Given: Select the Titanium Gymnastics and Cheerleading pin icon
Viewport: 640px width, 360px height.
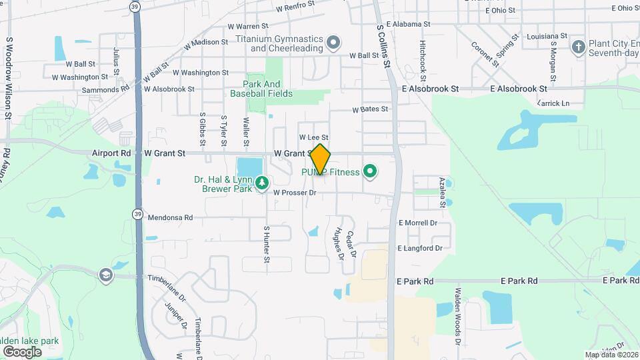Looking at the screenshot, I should pyautogui.click(x=334, y=44).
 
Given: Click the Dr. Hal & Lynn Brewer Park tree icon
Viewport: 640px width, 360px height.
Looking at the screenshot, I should pyautogui.click(x=262, y=182).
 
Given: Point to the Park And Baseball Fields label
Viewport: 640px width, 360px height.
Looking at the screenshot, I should pyautogui.click(x=261, y=89).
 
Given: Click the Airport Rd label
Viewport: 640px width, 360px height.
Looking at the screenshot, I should pyautogui.click(x=112, y=153).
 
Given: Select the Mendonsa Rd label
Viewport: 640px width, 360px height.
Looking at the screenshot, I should pyautogui.click(x=170, y=217).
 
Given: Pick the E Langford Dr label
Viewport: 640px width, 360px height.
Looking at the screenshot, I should pyautogui.click(x=420, y=248).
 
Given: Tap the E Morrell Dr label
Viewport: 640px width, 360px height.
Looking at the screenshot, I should pyautogui.click(x=417, y=223).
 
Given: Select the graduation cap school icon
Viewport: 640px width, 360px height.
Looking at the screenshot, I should pyautogui.click(x=105, y=275).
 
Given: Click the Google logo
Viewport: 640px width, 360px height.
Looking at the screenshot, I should pyautogui.click(x=22, y=351).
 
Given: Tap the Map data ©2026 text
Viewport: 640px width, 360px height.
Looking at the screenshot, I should pyautogui.click(x=611, y=355).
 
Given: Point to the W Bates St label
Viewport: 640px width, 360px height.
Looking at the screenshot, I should pyautogui.click(x=370, y=109).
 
